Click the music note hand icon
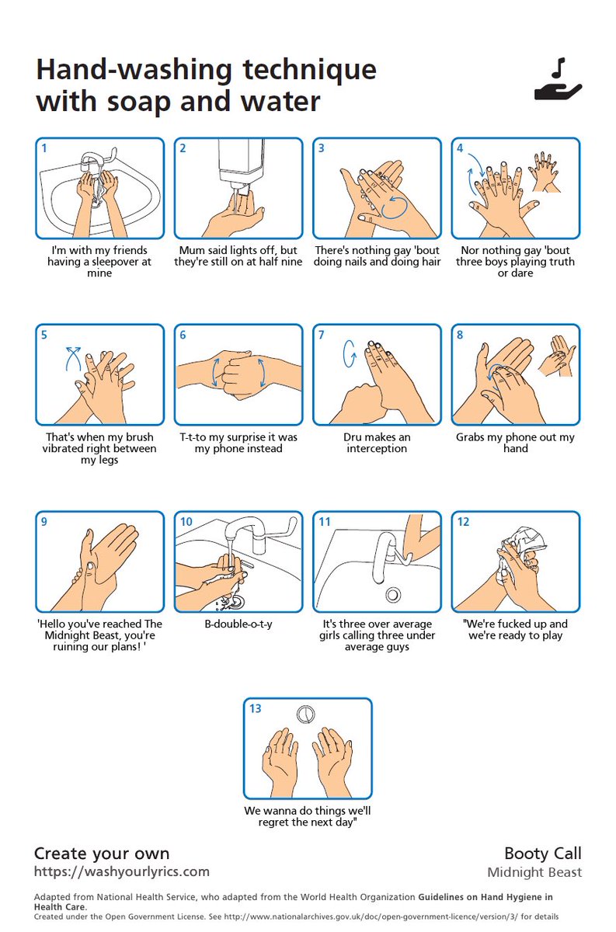[x=558, y=82]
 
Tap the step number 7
[x=321, y=335]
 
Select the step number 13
[x=256, y=708]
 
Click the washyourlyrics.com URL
[x=121, y=871]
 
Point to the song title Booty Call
[x=542, y=854]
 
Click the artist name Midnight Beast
[x=534, y=872]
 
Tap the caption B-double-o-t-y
[x=238, y=624]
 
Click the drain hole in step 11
[x=393, y=594]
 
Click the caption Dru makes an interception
[x=377, y=443]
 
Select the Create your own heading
[x=102, y=854]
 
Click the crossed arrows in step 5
[x=73, y=360]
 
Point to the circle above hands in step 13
[x=306, y=713]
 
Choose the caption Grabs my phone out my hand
[x=516, y=443]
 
